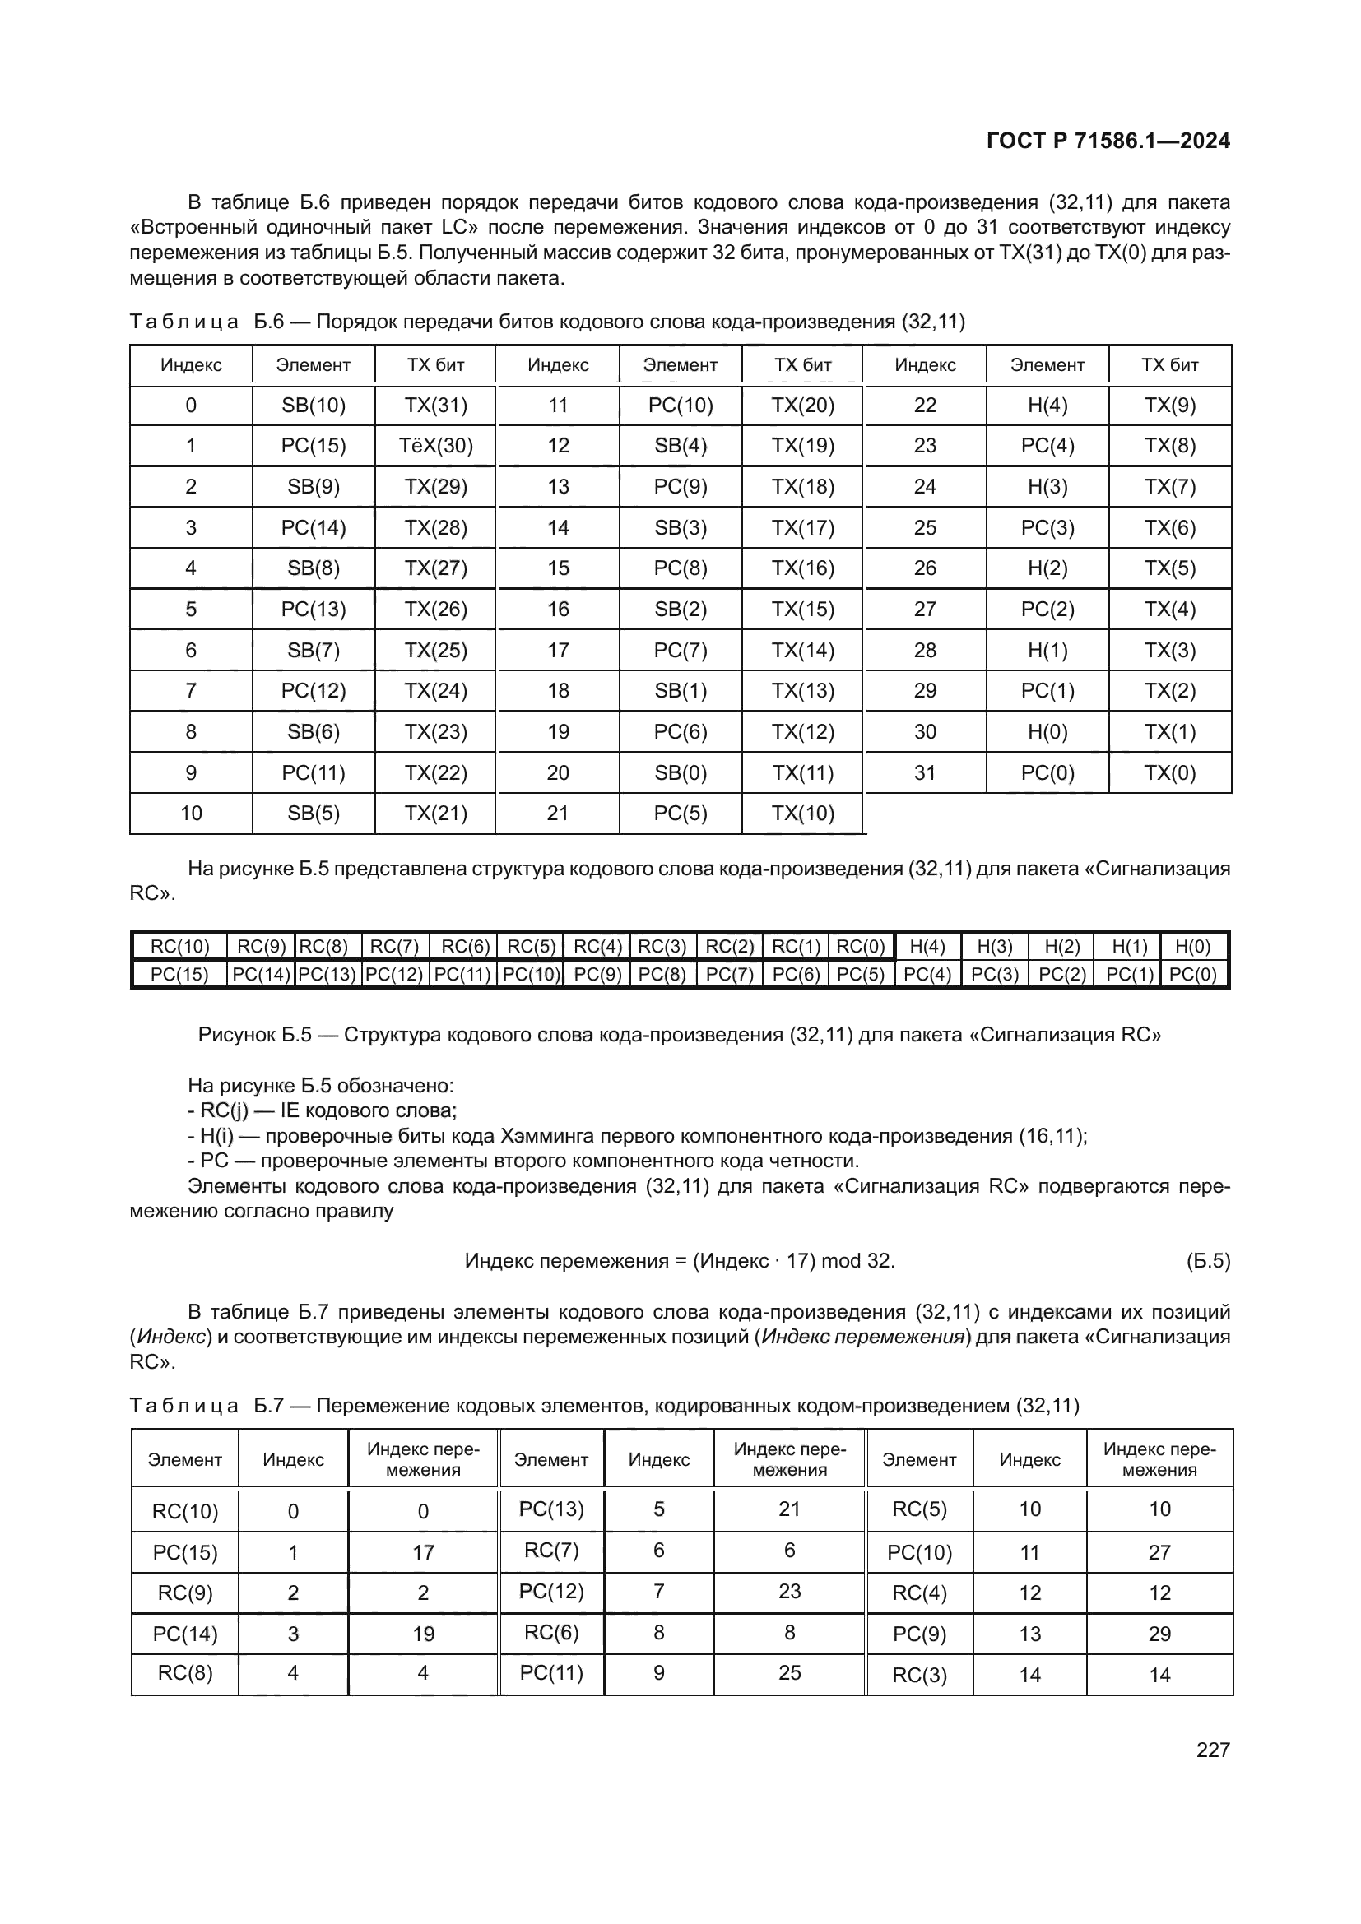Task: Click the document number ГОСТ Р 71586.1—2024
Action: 1107,141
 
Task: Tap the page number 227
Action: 1213,1750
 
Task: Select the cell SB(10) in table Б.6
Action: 314,406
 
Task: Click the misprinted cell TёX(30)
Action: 436,446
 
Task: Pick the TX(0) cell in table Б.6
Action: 1170,772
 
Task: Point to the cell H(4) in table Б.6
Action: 1047,406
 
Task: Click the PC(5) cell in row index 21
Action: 680,814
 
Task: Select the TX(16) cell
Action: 803,568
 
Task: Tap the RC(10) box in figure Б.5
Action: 179,947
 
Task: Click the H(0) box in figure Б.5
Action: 1193,947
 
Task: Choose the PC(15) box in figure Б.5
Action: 179,975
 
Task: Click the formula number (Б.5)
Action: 1208,1261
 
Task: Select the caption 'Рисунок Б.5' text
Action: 254,1035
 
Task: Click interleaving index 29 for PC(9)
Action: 1159,1634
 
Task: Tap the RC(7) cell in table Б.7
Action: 551,1551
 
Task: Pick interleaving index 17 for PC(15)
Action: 423,1553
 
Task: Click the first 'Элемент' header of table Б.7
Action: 184,1460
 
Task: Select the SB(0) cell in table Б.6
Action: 680,772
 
